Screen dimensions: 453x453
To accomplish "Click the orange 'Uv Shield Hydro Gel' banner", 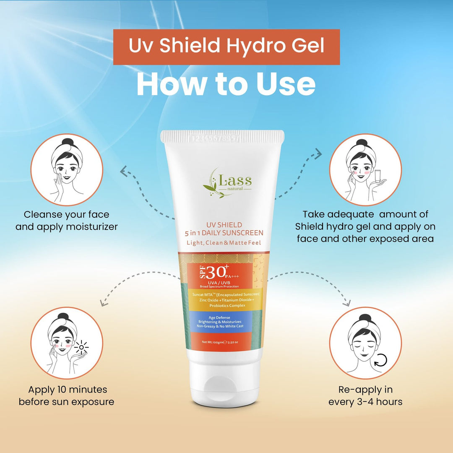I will pos(226,47).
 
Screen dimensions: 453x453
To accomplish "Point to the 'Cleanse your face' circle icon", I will pos(67,170).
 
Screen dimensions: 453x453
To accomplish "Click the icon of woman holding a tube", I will pos(365,170).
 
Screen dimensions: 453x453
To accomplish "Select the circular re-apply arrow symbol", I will pos(380,359).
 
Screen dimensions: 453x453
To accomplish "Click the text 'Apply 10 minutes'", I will pos(68,390).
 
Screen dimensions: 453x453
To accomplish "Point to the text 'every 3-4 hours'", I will pos(365,402).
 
